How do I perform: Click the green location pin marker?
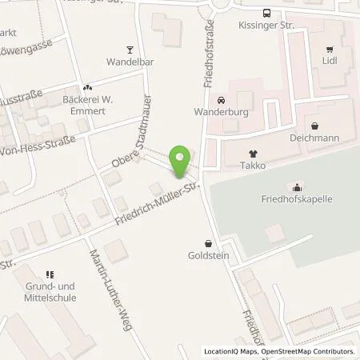pyautogui.click(x=183, y=160)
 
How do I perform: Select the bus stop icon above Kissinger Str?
pyautogui.click(x=265, y=13)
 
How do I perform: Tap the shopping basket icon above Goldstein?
pyautogui.click(x=209, y=244)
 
